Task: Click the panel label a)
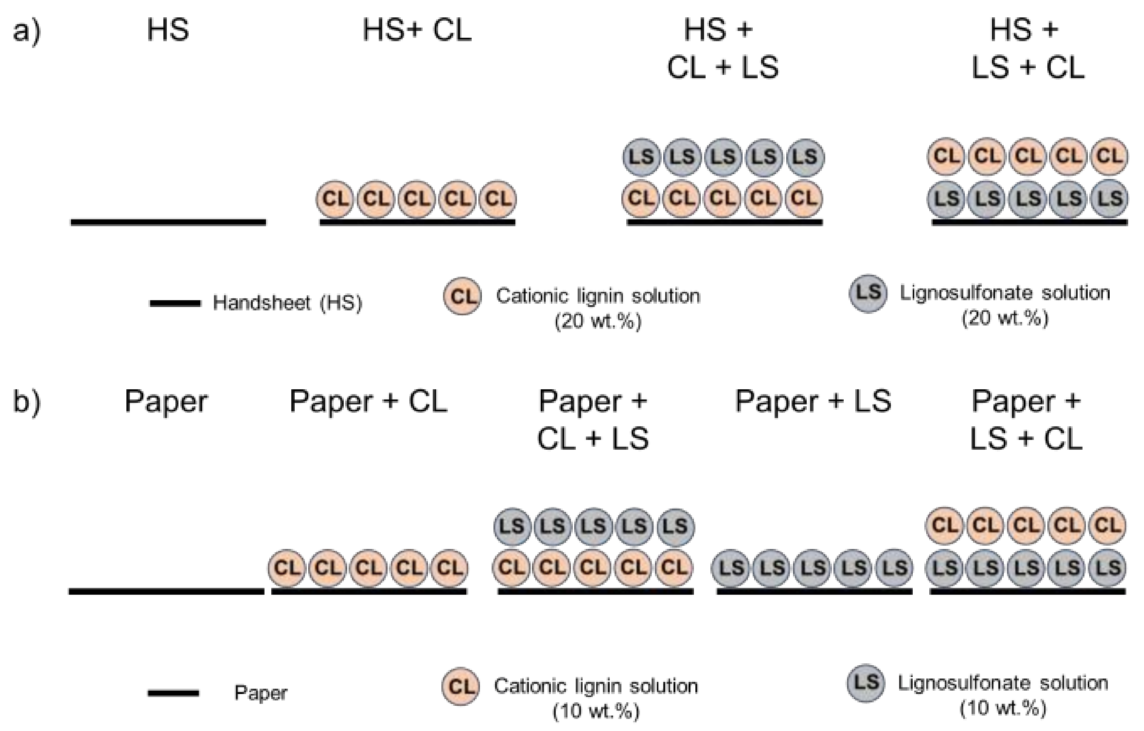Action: (x=27, y=31)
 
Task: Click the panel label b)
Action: (x=27, y=402)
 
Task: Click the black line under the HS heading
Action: (x=168, y=222)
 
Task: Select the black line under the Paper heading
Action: (x=166, y=591)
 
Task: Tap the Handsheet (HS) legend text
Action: (x=288, y=303)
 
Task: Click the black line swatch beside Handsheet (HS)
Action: (x=175, y=303)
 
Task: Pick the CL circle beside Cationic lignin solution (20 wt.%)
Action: (x=463, y=296)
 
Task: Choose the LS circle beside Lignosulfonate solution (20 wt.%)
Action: (x=868, y=293)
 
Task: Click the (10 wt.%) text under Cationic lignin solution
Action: (x=596, y=711)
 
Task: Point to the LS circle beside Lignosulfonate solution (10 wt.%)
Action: (x=866, y=683)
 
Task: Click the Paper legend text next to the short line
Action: (x=261, y=693)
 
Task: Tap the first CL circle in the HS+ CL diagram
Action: (x=335, y=199)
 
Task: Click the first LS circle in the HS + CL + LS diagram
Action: (x=641, y=157)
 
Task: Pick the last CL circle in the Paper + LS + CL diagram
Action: (x=1107, y=526)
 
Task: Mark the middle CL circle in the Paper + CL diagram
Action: (x=368, y=568)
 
